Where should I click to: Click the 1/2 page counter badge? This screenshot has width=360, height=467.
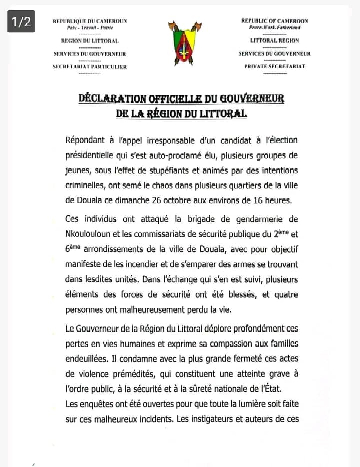[x=21, y=22]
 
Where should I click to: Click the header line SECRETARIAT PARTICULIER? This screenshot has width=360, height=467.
[x=90, y=67]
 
